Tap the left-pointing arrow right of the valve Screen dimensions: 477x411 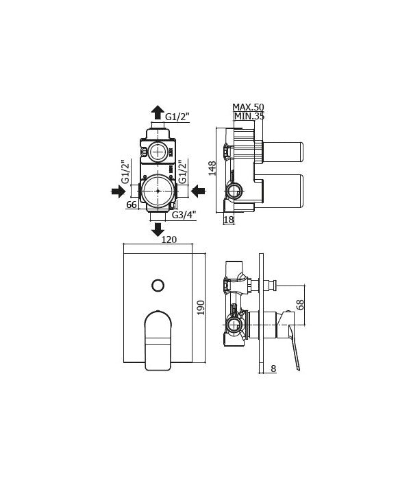(199, 190)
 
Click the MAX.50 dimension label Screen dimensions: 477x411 (248, 107)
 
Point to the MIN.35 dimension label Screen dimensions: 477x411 (249, 117)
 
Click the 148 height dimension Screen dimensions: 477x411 (213, 168)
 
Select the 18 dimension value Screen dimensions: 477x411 (228, 220)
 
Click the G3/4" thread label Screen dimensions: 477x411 (184, 215)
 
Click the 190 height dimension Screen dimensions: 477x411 (201, 307)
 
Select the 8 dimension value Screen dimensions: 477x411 (273, 369)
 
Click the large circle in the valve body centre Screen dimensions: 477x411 (158, 189)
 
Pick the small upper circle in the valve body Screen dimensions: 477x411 (160, 152)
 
